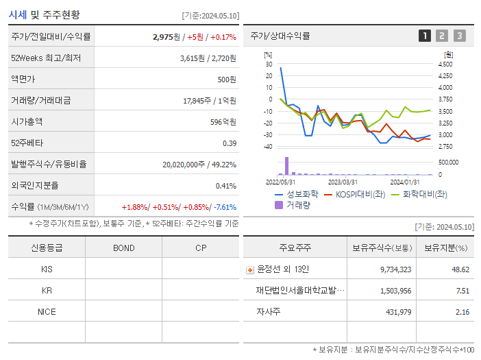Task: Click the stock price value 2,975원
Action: [x=167, y=37]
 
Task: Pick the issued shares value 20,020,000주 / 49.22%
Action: [x=199, y=165]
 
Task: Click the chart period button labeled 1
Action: [x=425, y=36]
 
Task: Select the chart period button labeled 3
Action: [x=459, y=36]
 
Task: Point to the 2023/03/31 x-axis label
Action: [x=343, y=182]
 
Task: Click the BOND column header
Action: [x=123, y=248]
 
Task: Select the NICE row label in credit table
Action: [x=47, y=311]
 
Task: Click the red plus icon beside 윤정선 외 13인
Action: [x=249, y=270]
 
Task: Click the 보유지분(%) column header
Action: [x=445, y=248]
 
